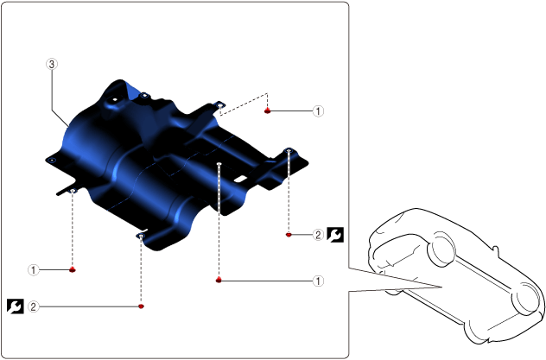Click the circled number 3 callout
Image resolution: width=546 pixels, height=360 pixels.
point(52,64)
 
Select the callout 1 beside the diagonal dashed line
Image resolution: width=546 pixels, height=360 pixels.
point(318,111)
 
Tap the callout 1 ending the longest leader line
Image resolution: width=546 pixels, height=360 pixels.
point(318,281)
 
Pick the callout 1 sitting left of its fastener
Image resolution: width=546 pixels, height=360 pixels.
point(34,270)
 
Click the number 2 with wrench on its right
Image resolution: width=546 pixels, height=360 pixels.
point(318,235)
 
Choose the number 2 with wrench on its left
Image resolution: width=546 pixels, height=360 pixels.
point(34,306)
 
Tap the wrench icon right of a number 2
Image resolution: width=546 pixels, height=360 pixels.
point(335,235)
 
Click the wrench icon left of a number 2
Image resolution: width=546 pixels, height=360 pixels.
point(16,306)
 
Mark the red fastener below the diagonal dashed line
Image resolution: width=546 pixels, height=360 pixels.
point(267,111)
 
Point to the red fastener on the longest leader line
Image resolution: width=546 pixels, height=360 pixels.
point(219,280)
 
